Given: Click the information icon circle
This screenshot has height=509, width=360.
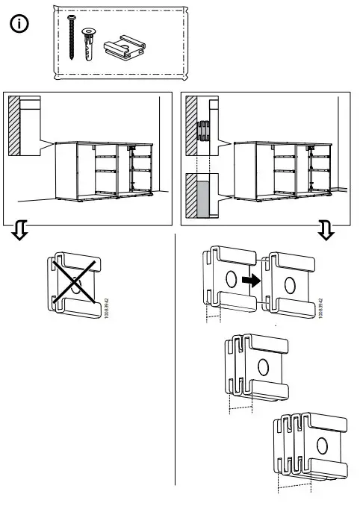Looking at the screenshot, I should (x=19, y=25).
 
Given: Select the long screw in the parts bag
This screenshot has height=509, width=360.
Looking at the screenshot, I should (x=73, y=37).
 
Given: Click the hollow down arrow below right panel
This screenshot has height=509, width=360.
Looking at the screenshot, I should (x=326, y=232).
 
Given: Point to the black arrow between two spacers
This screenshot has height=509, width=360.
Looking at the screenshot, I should (x=252, y=281).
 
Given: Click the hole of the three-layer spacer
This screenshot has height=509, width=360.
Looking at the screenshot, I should (x=262, y=366).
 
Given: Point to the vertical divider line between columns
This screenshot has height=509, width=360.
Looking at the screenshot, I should (x=175, y=358).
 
